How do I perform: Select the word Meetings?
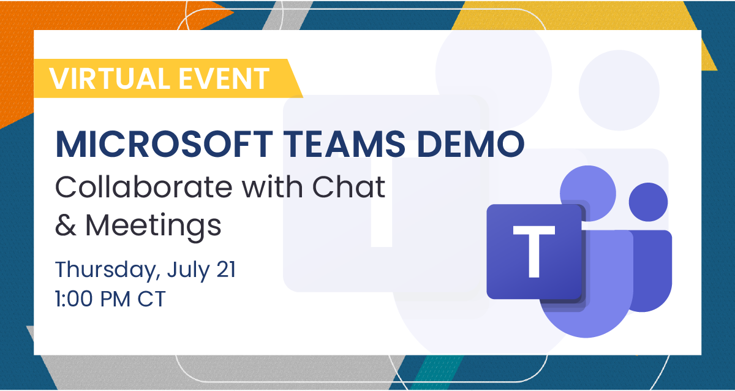click(153, 226)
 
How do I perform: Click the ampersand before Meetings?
click(66, 225)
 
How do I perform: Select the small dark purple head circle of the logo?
click(648, 203)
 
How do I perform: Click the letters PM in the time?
click(122, 300)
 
